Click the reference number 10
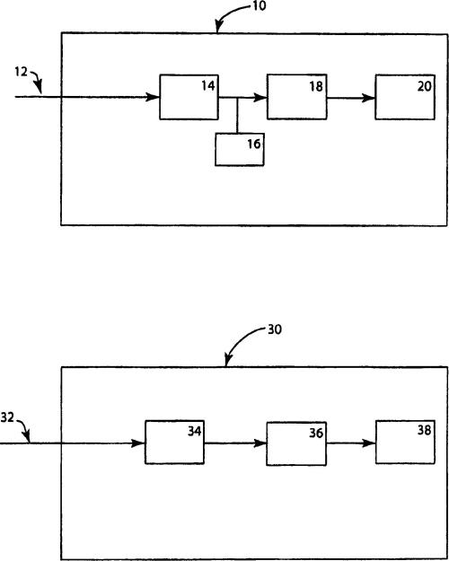click(260, 5)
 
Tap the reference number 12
click(22, 72)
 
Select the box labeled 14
click(189, 97)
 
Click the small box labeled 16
click(240, 149)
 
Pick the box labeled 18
click(297, 97)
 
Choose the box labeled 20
click(405, 97)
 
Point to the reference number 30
click(275, 329)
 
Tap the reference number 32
click(7, 417)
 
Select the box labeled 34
click(174, 443)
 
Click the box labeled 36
click(296, 443)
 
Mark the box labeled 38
click(405, 442)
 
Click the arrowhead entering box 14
click(153, 97)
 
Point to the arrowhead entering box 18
click(260, 97)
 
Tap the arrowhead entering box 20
click(368, 98)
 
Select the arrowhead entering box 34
click(138, 443)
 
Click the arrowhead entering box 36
click(260, 443)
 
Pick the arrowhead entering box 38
click(369, 443)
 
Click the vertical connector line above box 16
click(237, 115)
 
